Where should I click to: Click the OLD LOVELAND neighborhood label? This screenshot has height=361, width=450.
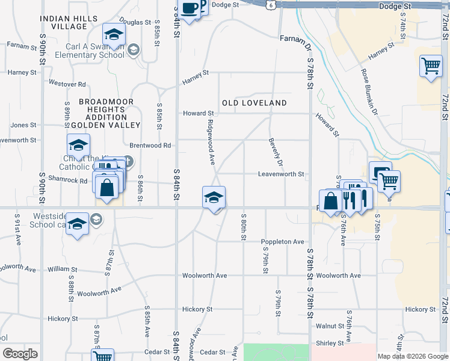pyautogui.click(x=254, y=103)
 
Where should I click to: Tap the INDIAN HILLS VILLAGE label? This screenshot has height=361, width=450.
pyautogui.click(x=69, y=23)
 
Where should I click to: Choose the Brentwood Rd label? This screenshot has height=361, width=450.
pyautogui.click(x=150, y=146)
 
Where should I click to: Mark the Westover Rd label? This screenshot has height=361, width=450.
pyautogui.click(x=67, y=84)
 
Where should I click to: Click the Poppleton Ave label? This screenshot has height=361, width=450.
pyautogui.click(x=283, y=242)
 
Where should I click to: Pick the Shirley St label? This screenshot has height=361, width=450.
pyautogui.click(x=331, y=343)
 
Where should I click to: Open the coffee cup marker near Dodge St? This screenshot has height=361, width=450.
pyautogui.click(x=190, y=9)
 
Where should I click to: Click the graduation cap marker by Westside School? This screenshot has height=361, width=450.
pyautogui.click(x=77, y=224)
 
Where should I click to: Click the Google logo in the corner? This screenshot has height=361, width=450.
pyautogui.click(x=20, y=354)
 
